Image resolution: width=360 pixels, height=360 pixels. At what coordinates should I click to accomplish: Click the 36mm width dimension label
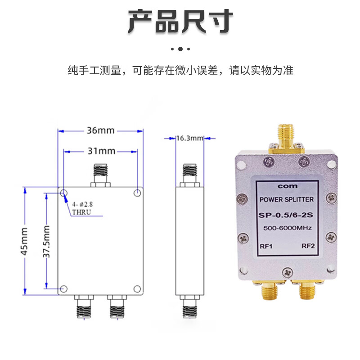[x=100, y=131]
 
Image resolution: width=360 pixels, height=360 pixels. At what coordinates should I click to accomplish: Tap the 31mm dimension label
[x=100, y=151]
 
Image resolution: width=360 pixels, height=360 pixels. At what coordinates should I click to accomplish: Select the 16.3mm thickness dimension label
[x=189, y=138]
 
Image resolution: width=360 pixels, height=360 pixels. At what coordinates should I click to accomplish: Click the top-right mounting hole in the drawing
[x=137, y=193]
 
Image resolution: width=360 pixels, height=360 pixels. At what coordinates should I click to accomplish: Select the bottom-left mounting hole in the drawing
[x=64, y=288]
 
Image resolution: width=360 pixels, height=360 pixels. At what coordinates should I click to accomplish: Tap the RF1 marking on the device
[x=265, y=246]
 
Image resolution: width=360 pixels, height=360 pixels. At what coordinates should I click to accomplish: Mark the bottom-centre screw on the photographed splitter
[x=287, y=271]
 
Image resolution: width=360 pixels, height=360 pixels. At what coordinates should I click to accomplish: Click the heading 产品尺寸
[x=180, y=21]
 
